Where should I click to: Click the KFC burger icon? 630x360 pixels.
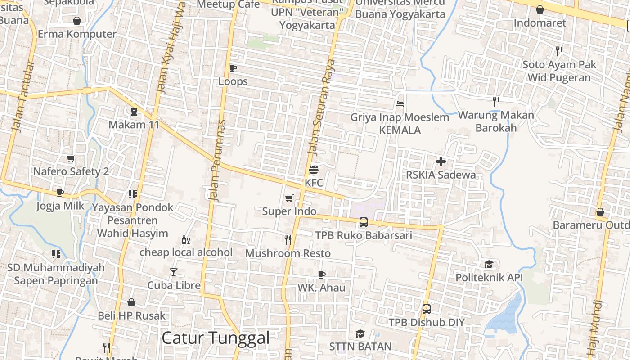[314, 170]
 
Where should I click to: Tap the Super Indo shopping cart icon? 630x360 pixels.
[289, 198]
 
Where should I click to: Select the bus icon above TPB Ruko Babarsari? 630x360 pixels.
[363, 222]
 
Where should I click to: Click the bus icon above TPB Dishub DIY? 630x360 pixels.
[426, 309]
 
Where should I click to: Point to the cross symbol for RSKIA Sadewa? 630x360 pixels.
[441, 161]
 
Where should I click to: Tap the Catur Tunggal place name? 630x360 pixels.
[215, 338]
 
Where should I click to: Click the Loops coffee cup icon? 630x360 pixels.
[233, 68]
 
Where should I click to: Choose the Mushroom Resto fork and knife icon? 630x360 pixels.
[288, 240]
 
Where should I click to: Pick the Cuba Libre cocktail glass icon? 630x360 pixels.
[174, 272]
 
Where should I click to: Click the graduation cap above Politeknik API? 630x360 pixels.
[489, 264]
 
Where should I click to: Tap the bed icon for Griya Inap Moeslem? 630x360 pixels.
[399, 104]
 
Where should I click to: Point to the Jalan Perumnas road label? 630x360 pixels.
[217, 161]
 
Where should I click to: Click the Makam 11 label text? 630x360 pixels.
[134, 125]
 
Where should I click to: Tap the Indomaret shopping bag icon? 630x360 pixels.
[540, 9]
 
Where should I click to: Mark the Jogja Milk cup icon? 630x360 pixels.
[60, 193]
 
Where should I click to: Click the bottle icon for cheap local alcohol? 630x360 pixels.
[185, 239]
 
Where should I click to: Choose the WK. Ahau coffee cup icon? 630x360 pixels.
[321, 274]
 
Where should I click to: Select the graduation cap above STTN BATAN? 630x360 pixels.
[360, 333]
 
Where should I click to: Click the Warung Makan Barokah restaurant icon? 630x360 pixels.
[496, 102]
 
